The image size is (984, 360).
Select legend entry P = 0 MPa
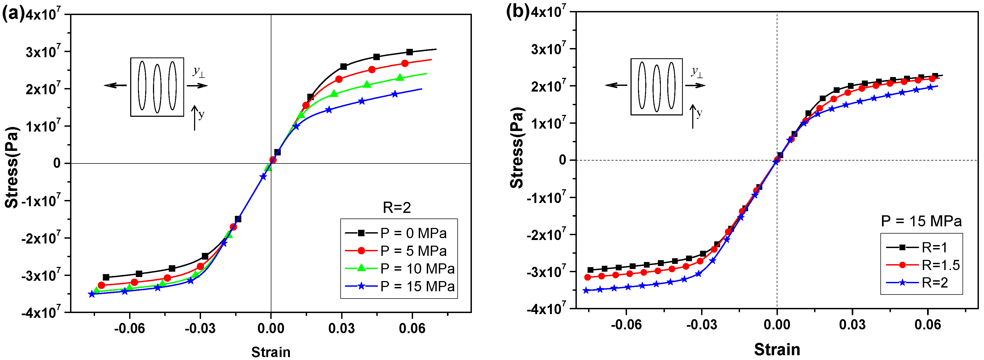tap(413, 233)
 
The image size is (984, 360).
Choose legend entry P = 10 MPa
tap(417, 269)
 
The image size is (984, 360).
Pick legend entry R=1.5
tap(941, 265)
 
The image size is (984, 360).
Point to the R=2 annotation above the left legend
tap(397, 208)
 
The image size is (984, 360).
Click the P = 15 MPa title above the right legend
tap(921, 221)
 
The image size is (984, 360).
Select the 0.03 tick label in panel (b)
tap(852, 325)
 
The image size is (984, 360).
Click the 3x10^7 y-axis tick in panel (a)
tap(43, 51)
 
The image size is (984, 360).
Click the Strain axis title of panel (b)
tap(777, 349)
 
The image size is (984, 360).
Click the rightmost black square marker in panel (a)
tap(410, 52)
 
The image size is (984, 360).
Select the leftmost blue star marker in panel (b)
tap(586, 290)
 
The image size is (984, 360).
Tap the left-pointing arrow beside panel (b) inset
tap(616, 85)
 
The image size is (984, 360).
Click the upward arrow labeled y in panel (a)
tap(195, 118)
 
